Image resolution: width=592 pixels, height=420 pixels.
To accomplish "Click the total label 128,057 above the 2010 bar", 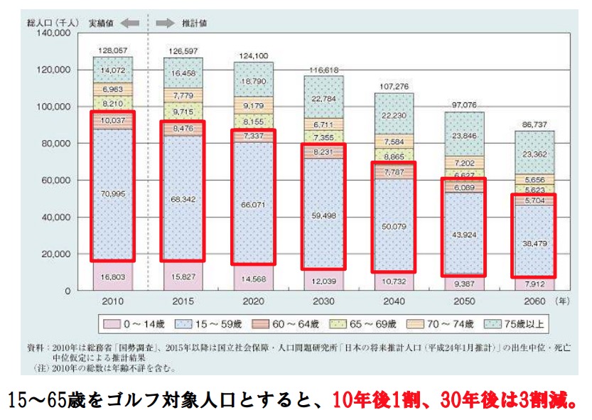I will pos(112,50).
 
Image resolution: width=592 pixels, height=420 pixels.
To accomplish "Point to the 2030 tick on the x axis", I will pos(323,301).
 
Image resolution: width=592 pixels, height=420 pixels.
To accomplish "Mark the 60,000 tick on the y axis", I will pos(55,181).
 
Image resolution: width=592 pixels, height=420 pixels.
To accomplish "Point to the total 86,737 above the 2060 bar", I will pos(534,124).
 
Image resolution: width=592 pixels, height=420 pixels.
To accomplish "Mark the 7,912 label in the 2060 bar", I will pos(534,284).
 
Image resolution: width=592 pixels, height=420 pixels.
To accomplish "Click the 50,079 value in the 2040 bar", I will pos(394,227).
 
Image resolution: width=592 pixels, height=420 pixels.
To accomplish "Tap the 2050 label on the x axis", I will pos(464,301).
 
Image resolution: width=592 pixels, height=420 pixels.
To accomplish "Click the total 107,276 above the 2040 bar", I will pos(394,87).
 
